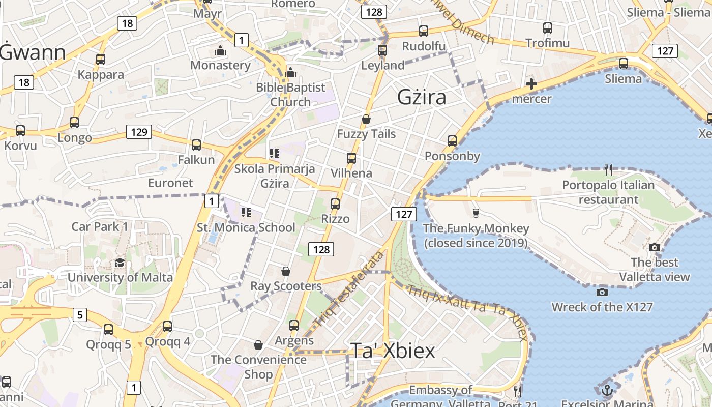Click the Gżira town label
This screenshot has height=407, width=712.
point(422,97)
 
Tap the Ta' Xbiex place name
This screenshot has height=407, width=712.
point(393,351)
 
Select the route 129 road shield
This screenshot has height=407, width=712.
point(139,132)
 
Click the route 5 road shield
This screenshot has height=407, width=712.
point(79,315)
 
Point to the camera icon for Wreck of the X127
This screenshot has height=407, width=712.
point(602,292)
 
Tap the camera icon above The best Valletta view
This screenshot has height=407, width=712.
point(655,247)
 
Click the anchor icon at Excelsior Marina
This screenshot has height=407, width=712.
point(607,390)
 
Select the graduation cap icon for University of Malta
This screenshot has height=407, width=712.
point(120,263)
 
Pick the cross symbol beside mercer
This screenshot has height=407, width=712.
point(531,84)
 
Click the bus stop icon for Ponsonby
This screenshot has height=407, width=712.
point(452,141)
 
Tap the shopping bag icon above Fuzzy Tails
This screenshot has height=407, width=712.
point(366,119)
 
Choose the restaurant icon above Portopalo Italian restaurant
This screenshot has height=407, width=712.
point(608,169)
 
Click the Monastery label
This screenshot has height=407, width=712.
point(220,65)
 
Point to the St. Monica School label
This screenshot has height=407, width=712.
point(246,227)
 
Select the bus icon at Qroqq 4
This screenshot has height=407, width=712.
point(167,327)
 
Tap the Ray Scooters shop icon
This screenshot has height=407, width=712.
point(286,271)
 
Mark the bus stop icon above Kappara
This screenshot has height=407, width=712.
point(101,60)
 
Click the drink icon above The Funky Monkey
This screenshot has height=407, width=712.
point(476,213)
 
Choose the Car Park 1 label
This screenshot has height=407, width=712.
point(100,226)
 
